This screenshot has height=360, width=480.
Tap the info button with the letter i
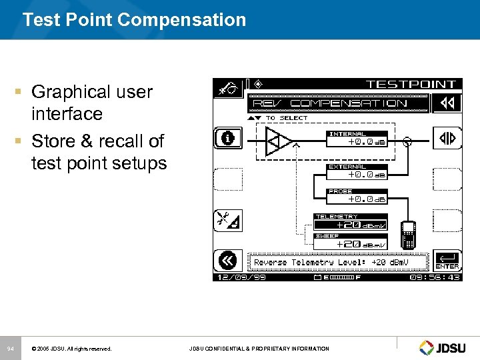tap(227, 139)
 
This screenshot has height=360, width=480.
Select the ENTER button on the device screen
tap(446, 261)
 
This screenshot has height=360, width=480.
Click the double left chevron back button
tap(227, 261)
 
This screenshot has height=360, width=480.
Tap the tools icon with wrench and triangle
tap(227, 220)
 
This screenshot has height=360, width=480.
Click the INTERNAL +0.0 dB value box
tap(357, 139)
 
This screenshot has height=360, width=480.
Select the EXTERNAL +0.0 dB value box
tap(357, 173)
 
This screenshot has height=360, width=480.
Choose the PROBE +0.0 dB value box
tap(357, 197)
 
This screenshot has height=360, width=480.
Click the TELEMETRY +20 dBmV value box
tap(351, 223)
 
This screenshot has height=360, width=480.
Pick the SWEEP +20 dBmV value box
tap(351, 242)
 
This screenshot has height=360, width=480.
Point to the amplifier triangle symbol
tap(278, 141)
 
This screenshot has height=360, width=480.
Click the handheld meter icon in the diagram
tap(408, 234)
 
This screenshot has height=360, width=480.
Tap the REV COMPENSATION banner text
tap(338, 103)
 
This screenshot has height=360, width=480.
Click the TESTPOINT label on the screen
tap(411, 85)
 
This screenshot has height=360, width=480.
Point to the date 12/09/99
tap(239, 277)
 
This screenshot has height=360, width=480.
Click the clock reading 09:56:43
tap(435, 277)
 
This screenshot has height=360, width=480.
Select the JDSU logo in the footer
tap(445, 347)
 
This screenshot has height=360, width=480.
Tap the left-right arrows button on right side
tap(446, 139)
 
